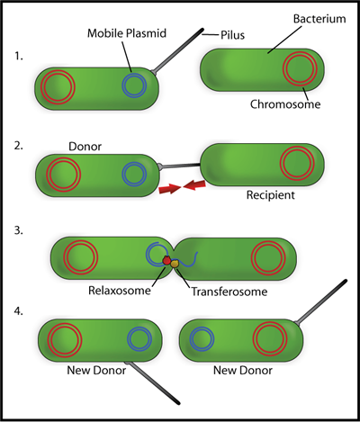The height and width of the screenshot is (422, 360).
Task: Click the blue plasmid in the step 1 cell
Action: point(134,85)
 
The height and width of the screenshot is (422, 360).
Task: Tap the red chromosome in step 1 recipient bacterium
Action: point(300,67)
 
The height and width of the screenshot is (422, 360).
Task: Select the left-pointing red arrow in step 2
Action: point(193,186)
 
